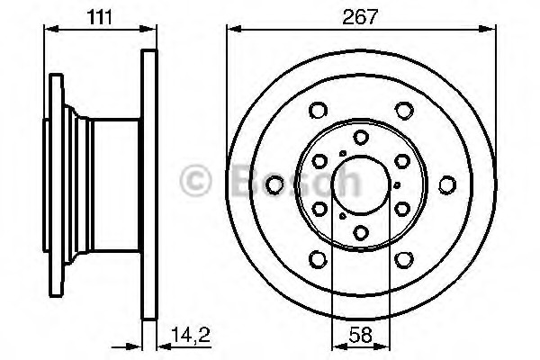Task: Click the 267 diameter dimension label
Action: [x=360, y=16]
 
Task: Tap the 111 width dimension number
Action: [x=99, y=17]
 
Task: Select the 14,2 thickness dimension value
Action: [x=191, y=335]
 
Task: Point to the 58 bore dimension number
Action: [x=361, y=335]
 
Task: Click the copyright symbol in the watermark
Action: [x=195, y=181]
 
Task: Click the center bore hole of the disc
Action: [x=361, y=185]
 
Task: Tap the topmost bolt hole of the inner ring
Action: [x=361, y=137]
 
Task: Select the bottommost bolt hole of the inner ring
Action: [x=361, y=232]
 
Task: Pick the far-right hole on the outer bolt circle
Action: [x=447, y=184]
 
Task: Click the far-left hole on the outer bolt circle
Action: [x=274, y=184]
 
